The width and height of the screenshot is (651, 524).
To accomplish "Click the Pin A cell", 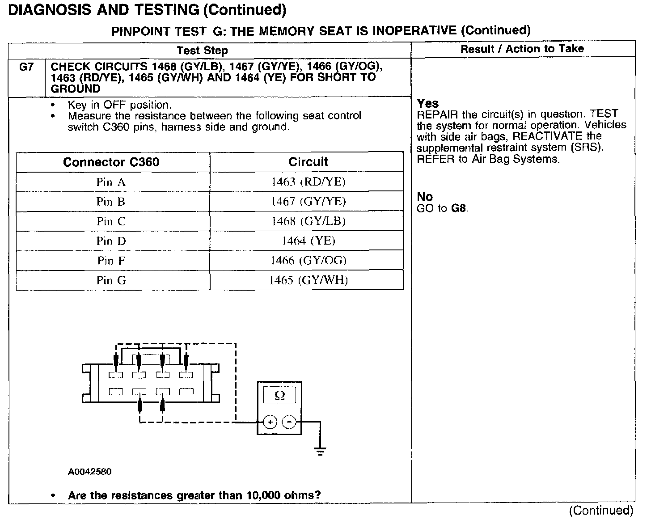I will tap(111, 182).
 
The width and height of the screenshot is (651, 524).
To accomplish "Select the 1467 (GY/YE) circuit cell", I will tap(308, 202).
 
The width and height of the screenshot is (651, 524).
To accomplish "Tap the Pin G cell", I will tap(111, 280).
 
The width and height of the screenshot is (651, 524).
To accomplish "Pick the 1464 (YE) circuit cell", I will tap(308, 241).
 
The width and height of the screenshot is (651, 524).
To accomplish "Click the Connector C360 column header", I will tap(111, 162).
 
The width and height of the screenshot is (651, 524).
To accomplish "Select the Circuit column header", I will tap(308, 162).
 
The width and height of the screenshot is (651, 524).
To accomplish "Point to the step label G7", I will tap(26, 67).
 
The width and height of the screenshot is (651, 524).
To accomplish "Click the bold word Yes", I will tap(427, 103).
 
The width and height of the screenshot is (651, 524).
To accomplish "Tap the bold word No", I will tap(425, 197).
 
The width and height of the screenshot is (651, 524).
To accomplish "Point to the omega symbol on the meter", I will tap(279, 395).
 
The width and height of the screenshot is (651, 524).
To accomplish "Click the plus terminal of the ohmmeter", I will tap(270, 422).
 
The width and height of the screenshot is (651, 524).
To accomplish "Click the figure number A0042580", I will tap(89, 472).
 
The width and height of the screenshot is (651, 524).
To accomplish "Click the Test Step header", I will tap(202, 51).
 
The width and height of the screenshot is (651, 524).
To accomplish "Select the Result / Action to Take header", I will tap(522, 49).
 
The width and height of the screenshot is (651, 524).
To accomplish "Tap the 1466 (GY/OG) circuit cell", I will tap(308, 261).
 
